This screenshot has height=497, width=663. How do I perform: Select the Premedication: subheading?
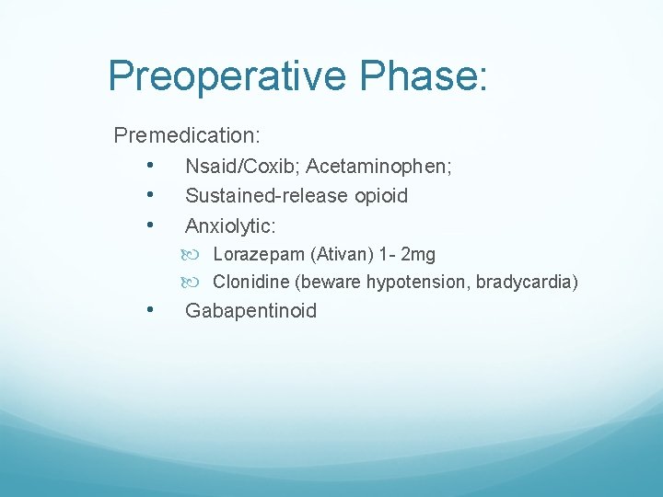click(187, 136)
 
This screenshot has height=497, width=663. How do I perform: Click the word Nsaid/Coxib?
click(242, 167)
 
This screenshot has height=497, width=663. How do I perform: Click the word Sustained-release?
click(267, 196)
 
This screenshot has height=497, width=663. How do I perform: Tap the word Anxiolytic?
click(230, 225)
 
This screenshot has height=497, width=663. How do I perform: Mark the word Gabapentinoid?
click(250, 311)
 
